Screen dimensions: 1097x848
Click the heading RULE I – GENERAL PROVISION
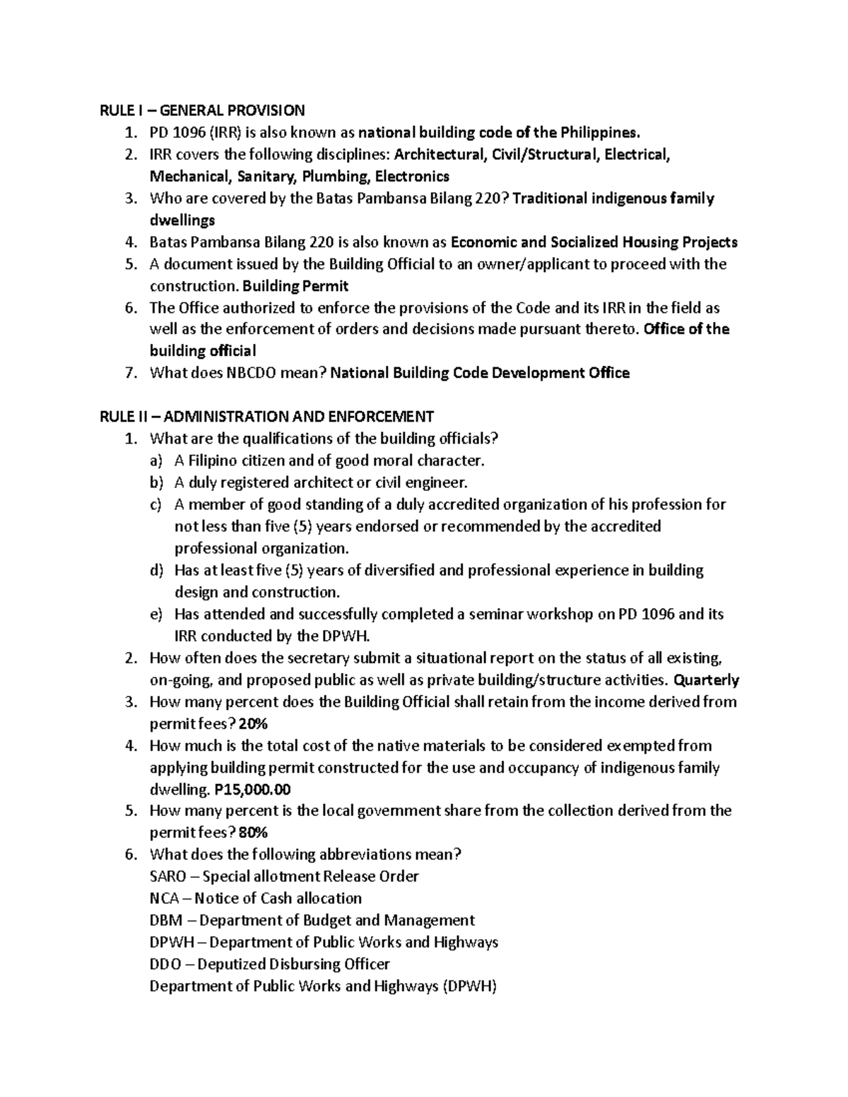(x=201, y=110)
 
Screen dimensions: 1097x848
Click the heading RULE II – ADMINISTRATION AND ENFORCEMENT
(x=266, y=416)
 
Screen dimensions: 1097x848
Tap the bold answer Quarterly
(x=707, y=680)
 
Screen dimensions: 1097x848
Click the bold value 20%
(x=254, y=724)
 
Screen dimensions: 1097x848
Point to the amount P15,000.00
(x=252, y=789)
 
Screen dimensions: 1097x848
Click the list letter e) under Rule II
(x=156, y=615)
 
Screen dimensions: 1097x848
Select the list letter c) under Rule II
(x=156, y=505)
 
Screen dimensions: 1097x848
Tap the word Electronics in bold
(x=412, y=176)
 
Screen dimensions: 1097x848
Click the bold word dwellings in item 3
(x=182, y=220)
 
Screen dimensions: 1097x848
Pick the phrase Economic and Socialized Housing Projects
(x=594, y=242)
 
